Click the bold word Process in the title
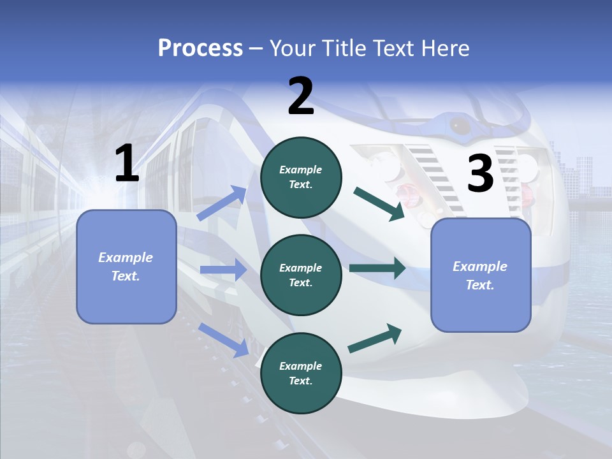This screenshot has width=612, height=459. coord(200,48)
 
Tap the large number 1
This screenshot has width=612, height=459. coord(127,164)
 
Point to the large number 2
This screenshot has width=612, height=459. coord(301,96)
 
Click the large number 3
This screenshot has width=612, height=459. coord(480,174)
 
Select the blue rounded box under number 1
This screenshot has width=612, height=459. coord(126,266)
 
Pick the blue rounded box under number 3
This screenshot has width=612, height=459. coord(481,275)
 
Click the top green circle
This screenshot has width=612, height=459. coord(301,177)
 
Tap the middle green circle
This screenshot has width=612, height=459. coord(301,275)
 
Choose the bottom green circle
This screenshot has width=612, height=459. coord(301,373)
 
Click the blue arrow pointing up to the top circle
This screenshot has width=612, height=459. coord(222,203)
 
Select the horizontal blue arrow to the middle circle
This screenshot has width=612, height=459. coord(223,270)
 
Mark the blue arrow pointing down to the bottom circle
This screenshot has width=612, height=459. coord(224,339)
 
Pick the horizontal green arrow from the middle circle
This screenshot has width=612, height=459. coord(377,268)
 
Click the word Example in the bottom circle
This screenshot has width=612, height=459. coord(301,366)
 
